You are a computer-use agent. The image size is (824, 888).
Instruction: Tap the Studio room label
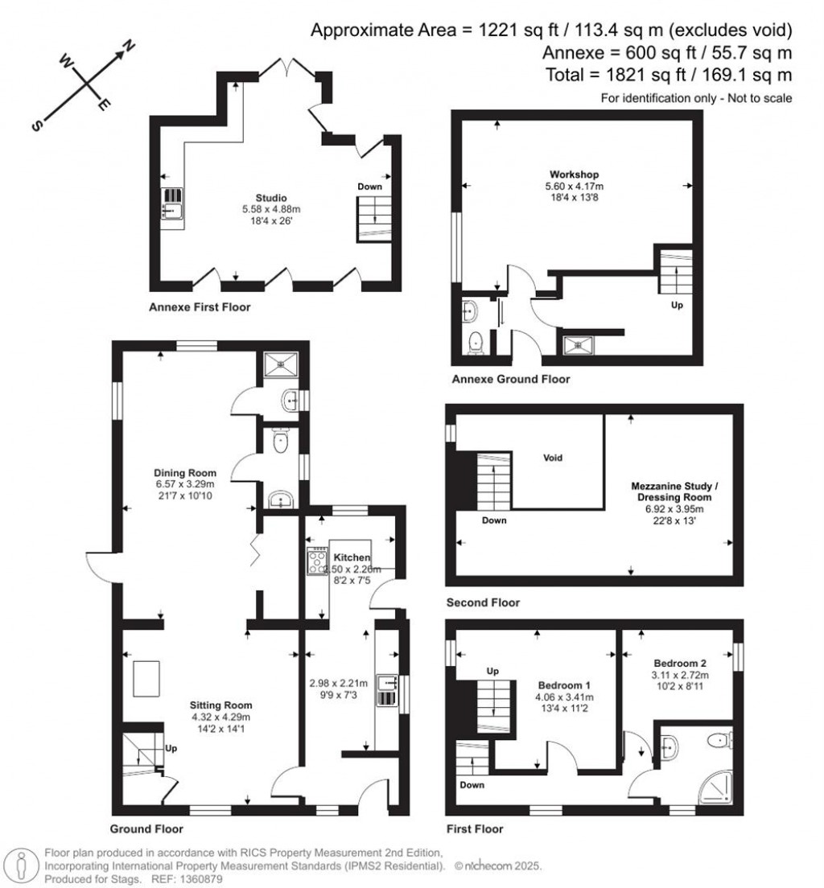pyautogui.click(x=271, y=198)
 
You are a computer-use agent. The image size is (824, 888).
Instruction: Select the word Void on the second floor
pyautogui.click(x=552, y=458)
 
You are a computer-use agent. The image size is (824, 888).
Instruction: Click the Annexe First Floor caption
pyautogui.click(x=200, y=307)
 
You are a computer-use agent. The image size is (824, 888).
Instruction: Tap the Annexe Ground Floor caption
pyautogui.click(x=510, y=379)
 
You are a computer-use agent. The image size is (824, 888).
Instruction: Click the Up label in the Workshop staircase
pyautogui.click(x=678, y=306)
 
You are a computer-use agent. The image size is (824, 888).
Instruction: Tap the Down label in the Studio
pyautogui.click(x=369, y=187)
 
